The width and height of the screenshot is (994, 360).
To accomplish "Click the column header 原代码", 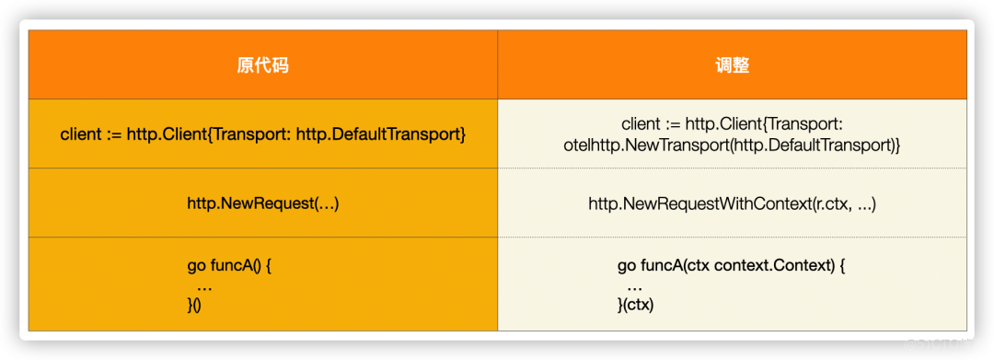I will click(x=262, y=65).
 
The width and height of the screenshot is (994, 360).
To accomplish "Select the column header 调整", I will click(x=732, y=65).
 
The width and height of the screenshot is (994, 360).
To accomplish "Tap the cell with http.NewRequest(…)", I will click(x=262, y=203).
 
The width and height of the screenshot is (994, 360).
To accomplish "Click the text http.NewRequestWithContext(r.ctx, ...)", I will click(x=732, y=203).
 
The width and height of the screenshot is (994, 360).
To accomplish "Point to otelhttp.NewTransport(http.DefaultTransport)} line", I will click(x=732, y=145).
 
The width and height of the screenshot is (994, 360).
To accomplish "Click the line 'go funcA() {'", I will click(x=230, y=267).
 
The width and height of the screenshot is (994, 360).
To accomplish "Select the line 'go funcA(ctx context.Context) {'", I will click(x=731, y=267).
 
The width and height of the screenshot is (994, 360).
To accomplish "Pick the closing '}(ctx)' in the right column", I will click(x=636, y=306).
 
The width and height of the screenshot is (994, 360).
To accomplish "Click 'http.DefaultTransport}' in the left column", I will click(x=381, y=135).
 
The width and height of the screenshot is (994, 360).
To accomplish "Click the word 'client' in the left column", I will click(x=80, y=135).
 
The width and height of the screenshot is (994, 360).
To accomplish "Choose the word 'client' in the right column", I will click(x=641, y=124).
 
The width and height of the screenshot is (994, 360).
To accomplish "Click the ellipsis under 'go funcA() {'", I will click(x=204, y=286).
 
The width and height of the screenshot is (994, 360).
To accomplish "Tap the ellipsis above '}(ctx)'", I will click(x=634, y=286).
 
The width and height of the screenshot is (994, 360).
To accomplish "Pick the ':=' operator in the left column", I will click(x=113, y=135).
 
